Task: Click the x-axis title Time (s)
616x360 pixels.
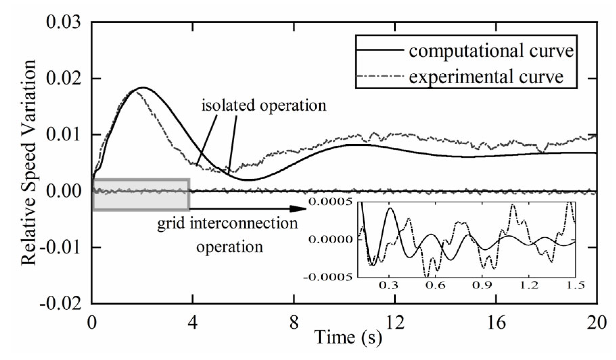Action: point(348,337)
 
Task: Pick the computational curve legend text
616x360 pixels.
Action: point(491,51)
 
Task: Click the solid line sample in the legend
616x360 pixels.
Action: point(380,50)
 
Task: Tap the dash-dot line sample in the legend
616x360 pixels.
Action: point(380,76)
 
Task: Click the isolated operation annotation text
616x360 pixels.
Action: point(264,105)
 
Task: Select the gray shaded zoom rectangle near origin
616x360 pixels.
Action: point(141,195)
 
